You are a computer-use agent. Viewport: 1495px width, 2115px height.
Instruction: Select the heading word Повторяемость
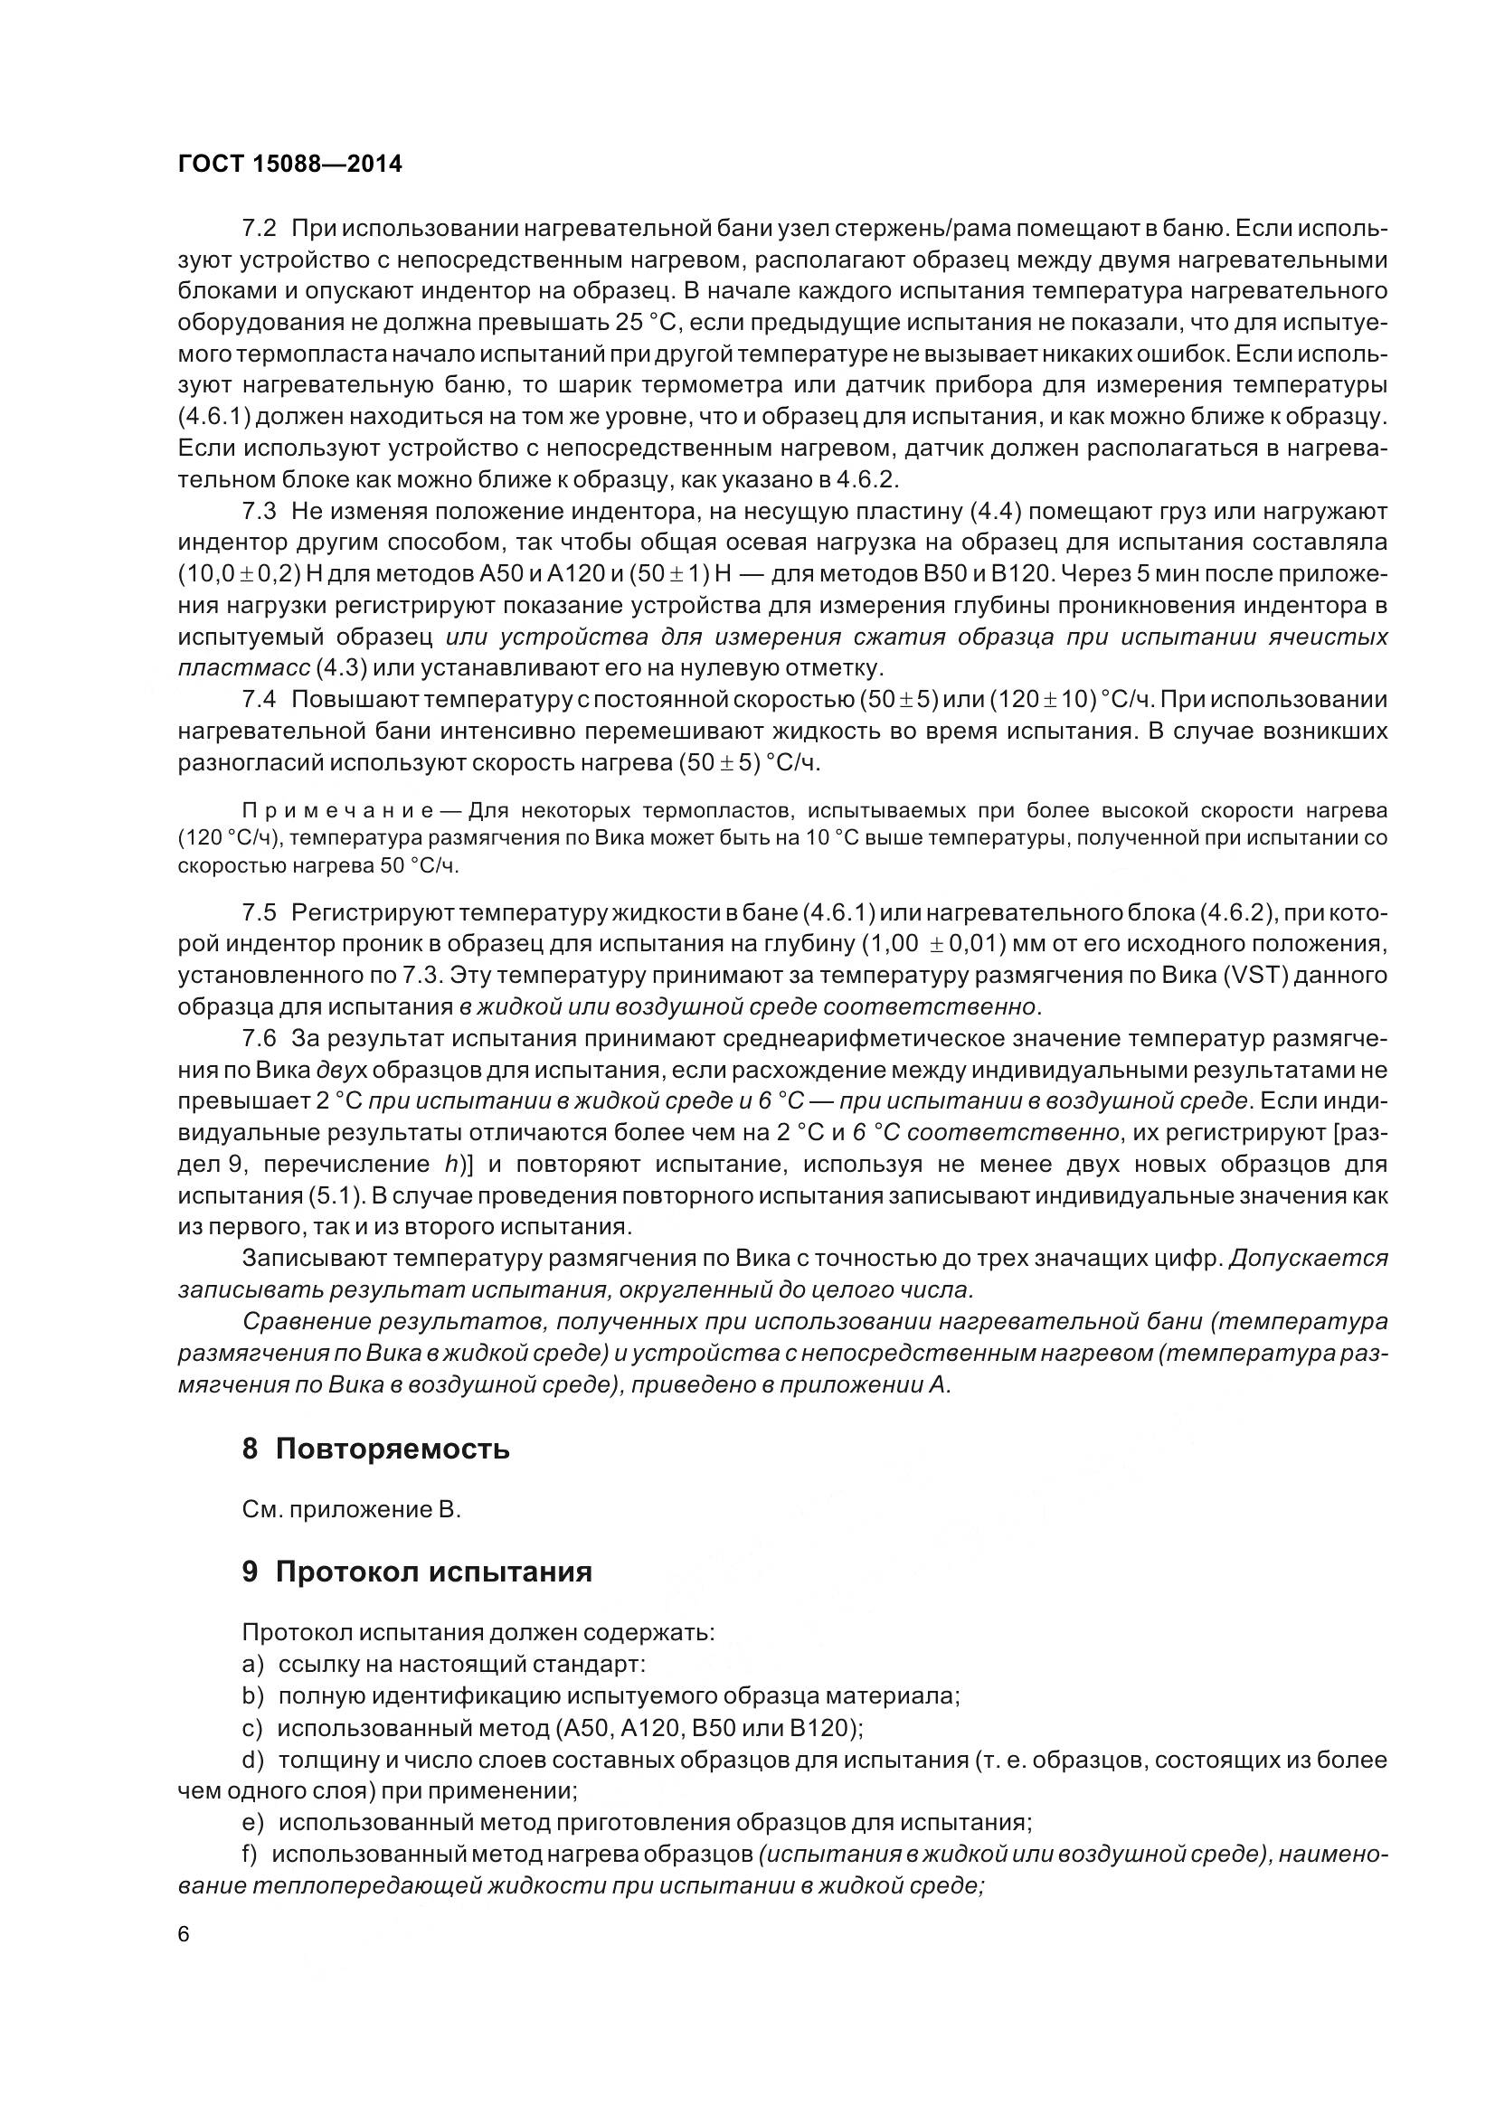[x=392, y=1448]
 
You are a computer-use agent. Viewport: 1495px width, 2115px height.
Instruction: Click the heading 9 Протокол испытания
[x=416, y=1571]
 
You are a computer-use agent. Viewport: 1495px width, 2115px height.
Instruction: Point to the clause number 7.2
[x=259, y=229]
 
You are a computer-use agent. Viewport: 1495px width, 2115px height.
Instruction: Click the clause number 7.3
[x=259, y=510]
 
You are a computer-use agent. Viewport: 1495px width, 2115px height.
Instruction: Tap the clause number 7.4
[x=259, y=699]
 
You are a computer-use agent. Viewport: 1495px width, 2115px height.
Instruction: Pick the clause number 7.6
[x=259, y=1038]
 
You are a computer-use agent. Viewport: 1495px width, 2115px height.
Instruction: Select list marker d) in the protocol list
[x=252, y=1760]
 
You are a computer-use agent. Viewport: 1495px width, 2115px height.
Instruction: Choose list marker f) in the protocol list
[x=251, y=1854]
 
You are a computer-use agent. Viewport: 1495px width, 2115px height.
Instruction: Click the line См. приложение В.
[x=351, y=1510]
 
